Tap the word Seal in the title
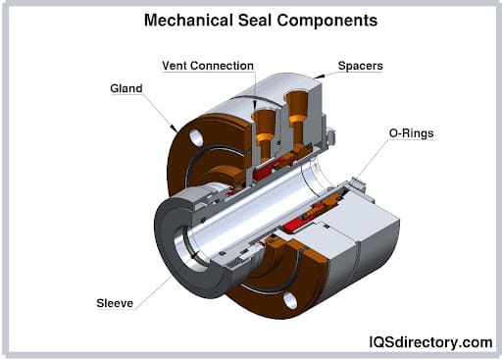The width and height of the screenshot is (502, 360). pyautogui.click(x=257, y=20)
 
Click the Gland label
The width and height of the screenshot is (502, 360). pyautogui.click(x=126, y=88)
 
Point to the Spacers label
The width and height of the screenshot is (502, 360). pyautogui.click(x=360, y=67)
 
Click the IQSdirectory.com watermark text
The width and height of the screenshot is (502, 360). pyautogui.click(x=430, y=341)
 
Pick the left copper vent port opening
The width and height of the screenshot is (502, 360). pyautogui.click(x=262, y=115)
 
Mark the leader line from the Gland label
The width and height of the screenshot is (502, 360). pyautogui.click(x=159, y=110)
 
